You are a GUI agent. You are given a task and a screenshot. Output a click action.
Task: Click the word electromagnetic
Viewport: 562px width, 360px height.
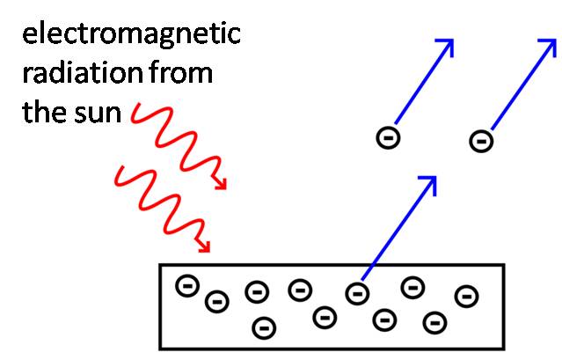tap(131, 36)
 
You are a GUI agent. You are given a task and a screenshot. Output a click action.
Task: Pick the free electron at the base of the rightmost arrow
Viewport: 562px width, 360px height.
tap(480, 139)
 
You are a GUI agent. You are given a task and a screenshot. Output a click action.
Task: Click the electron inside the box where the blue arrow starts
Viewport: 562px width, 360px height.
tap(356, 291)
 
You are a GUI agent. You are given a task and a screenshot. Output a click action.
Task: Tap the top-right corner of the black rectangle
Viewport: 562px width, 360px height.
tap(502, 265)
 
